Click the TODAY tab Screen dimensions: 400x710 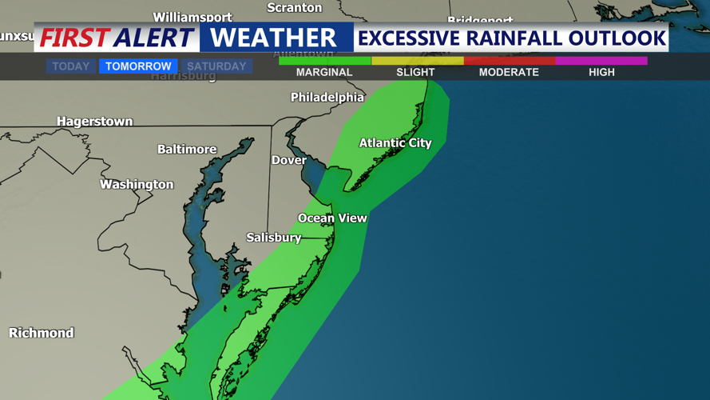71,66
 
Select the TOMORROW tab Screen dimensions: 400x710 138,66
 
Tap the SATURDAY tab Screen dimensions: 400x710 216,66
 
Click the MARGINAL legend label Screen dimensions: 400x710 324,72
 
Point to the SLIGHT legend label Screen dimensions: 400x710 416,72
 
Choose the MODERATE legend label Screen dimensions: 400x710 509,72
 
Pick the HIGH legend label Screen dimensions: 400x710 601,72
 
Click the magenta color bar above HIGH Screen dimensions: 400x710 601,60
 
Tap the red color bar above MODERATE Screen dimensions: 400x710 510,60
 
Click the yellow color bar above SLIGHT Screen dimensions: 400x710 417,60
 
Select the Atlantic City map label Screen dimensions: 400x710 395,143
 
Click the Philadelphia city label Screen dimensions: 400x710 327,98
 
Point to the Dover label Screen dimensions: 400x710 289,160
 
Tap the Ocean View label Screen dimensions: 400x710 332,218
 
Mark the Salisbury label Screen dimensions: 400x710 274,238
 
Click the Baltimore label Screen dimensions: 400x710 187,150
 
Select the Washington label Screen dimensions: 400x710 137,185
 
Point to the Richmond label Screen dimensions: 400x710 42,333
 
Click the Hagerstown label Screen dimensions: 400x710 95,122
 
